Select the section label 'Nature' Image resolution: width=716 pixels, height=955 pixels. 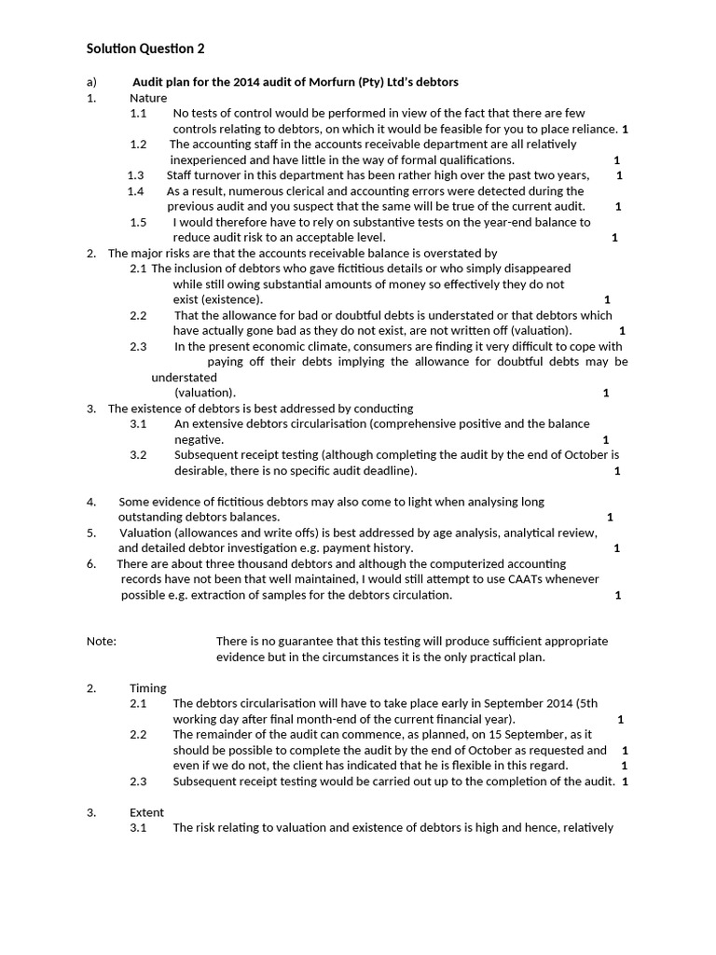click(x=148, y=98)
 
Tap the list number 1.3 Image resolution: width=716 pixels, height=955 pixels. click(x=135, y=175)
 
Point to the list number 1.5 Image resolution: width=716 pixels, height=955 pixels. click(x=138, y=222)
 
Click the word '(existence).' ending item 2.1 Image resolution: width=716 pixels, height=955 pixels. click(x=218, y=299)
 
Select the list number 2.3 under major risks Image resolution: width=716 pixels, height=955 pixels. click(x=138, y=346)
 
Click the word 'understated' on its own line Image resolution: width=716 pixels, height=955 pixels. click(x=184, y=377)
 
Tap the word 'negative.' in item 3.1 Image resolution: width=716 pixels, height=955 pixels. click(x=199, y=439)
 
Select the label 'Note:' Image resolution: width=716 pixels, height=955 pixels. click(x=102, y=642)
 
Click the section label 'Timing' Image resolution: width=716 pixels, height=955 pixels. click(x=147, y=688)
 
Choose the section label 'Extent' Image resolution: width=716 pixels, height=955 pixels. click(x=146, y=812)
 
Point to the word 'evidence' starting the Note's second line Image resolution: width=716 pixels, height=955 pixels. click(x=241, y=657)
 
